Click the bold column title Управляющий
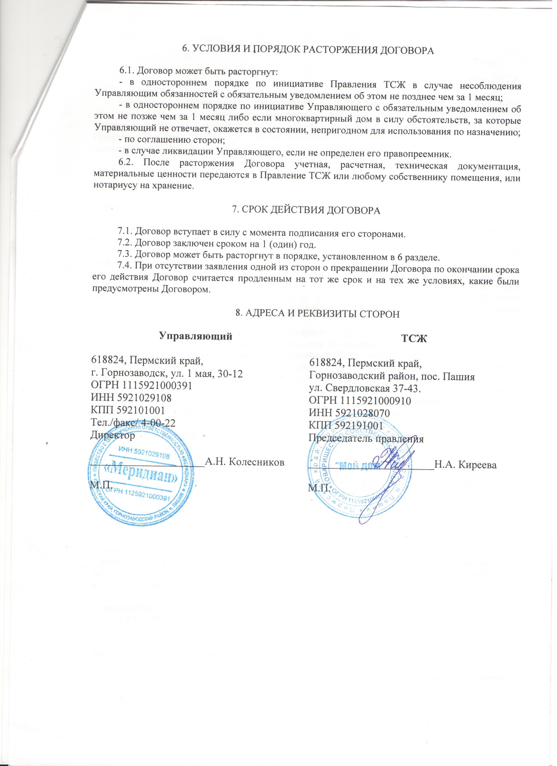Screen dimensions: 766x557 [196, 336]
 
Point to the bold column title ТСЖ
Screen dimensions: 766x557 [414, 339]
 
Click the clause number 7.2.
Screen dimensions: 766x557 [124, 244]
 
